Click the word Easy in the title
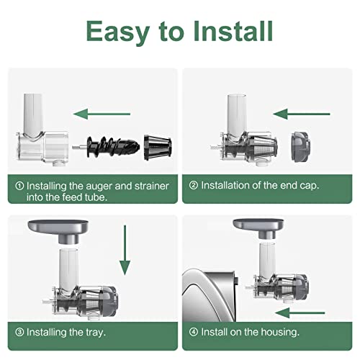[x=118, y=32]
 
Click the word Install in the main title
[x=233, y=31]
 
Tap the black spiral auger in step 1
[x=113, y=147]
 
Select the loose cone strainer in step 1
[x=158, y=148]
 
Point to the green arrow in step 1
[x=102, y=114]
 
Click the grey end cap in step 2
[x=301, y=147]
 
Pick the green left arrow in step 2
[x=302, y=114]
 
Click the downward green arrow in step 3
[x=125, y=250]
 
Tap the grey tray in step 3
[x=58, y=230]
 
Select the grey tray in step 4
[x=258, y=228]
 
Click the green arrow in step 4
[x=300, y=312]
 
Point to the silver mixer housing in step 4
[x=209, y=295]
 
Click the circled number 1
[x=19, y=186]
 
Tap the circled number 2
[x=194, y=185]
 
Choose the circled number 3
[x=19, y=332]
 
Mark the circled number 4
[x=194, y=332]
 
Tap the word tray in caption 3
[x=96, y=333]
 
